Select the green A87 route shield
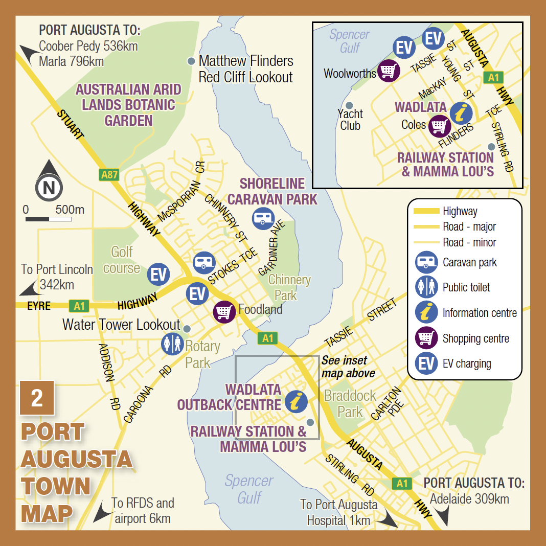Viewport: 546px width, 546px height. click(109, 175)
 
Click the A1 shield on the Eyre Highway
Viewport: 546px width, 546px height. click(79, 306)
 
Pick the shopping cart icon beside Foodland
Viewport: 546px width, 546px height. click(224, 311)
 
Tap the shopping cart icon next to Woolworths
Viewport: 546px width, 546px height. click(388, 71)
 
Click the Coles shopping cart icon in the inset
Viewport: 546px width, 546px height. click(439, 125)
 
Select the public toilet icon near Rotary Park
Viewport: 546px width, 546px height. click(172, 344)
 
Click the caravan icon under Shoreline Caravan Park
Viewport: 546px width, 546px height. click(263, 218)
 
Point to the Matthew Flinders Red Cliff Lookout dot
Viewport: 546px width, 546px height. click(191, 61)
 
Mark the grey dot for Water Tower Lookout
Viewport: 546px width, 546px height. click(187, 328)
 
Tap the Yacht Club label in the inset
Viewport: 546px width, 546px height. click(350, 120)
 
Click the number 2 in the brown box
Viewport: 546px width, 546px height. click(37, 398)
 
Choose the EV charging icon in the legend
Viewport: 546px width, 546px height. click(426, 363)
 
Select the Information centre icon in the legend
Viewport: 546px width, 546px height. click(426, 313)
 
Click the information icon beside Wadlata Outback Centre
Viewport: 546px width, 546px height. click(296, 402)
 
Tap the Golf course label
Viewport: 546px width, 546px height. click(122, 260)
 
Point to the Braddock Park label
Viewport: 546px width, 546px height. click(350, 404)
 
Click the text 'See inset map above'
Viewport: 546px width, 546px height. click(348, 367)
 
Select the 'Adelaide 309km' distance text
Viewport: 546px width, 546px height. click(469, 498)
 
